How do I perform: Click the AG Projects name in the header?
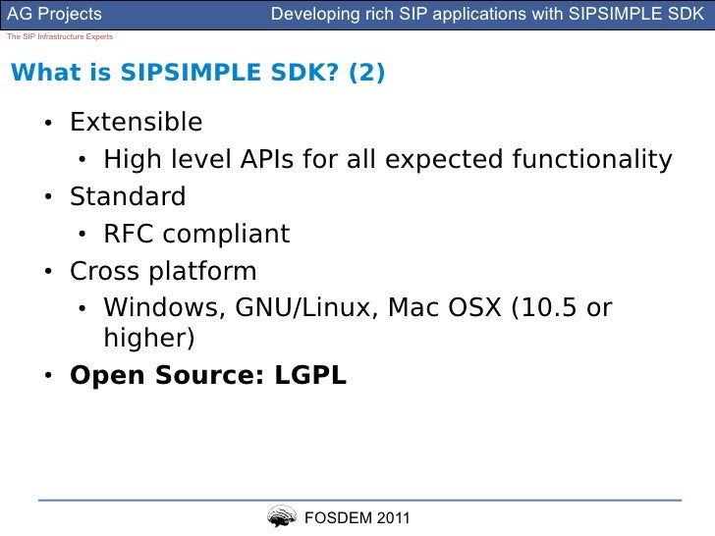55,15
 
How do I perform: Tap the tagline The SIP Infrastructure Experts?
59,36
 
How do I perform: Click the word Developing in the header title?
312,15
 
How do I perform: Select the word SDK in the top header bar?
688,15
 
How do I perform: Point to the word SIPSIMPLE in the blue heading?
197,76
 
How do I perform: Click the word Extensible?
136,123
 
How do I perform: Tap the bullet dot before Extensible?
47,124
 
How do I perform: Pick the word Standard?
128,196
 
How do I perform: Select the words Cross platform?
163,271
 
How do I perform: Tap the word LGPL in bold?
304,375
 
